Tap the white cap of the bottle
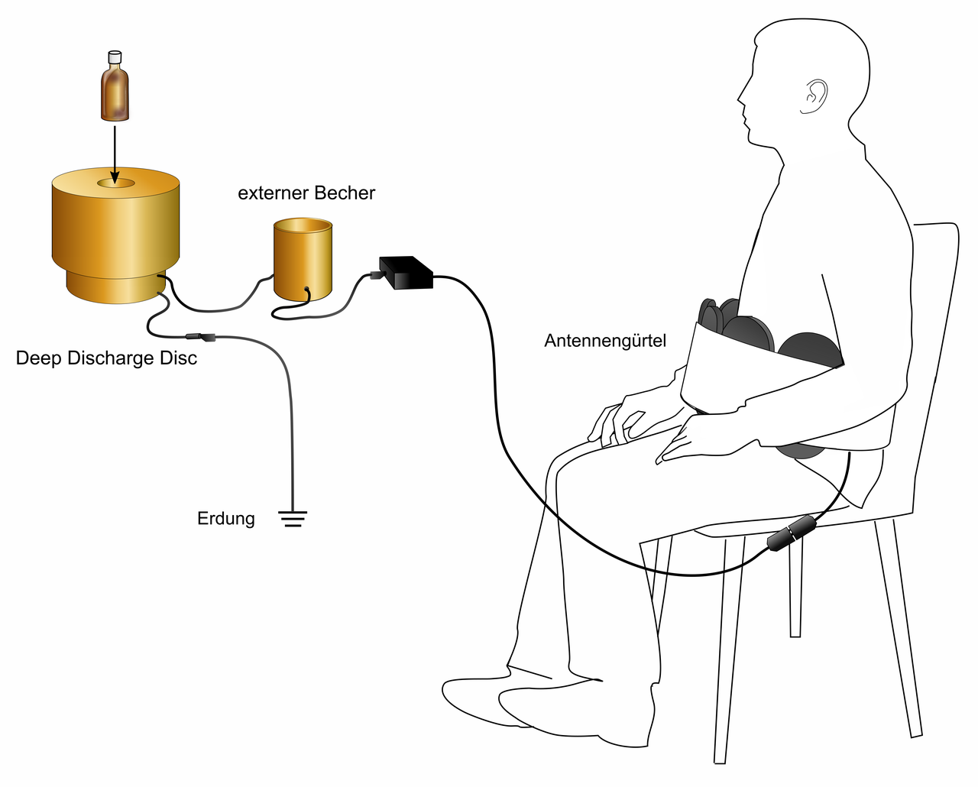115,57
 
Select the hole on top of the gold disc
115,183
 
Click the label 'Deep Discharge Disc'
106,358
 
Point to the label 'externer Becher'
306,193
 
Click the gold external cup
303,259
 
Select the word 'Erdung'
226,519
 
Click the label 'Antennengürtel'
605,341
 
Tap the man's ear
816,95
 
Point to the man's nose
740,98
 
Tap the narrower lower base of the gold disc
115,287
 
